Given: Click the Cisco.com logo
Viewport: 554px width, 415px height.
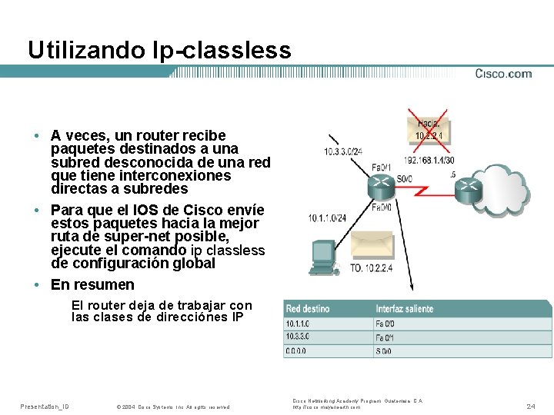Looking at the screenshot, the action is tap(503, 74).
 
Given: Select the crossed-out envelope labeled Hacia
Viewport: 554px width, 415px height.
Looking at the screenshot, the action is tap(429, 128).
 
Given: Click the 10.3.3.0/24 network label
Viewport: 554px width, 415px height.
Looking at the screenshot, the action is tap(343, 151).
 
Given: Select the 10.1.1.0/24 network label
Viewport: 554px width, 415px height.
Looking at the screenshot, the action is tap(328, 218).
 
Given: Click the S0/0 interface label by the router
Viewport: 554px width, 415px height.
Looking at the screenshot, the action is tap(403, 178).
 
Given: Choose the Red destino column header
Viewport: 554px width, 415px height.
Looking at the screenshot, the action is tap(308, 309).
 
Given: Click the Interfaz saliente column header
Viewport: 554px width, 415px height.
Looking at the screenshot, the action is tap(404, 309).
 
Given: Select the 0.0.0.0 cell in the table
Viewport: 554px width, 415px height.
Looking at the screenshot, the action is tap(296, 351).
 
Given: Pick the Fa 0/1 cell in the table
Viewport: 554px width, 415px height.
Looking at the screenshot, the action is tap(384, 337).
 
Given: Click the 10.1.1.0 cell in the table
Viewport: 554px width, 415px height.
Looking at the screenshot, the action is tap(296, 324).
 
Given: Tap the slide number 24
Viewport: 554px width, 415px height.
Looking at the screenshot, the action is tap(531, 405).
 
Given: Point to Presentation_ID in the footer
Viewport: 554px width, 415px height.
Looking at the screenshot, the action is tap(44, 406).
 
